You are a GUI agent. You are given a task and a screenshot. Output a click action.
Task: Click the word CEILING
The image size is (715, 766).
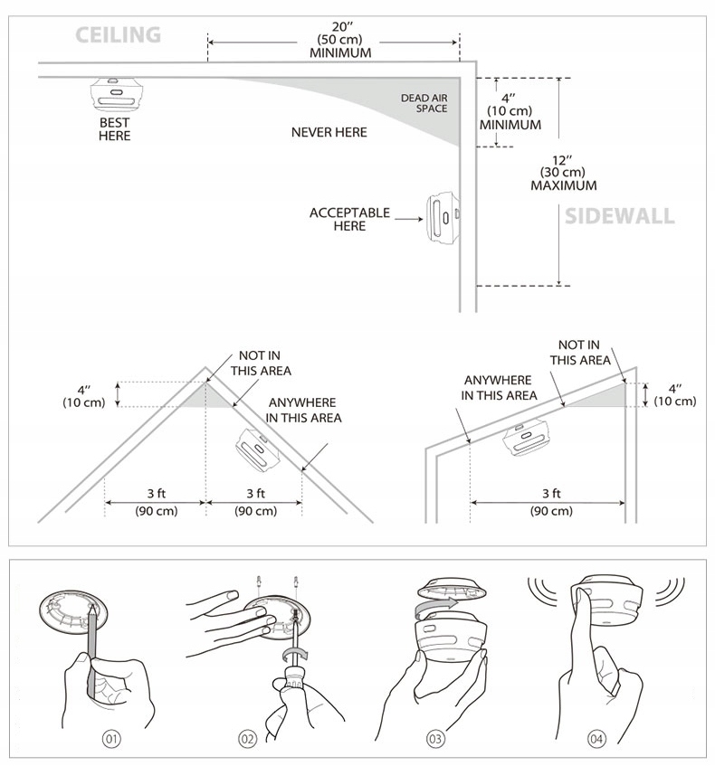coord(118,35)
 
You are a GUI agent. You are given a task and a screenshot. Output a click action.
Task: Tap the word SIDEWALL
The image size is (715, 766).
coord(619,216)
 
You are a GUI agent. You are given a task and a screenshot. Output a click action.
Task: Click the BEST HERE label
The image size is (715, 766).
coord(115,129)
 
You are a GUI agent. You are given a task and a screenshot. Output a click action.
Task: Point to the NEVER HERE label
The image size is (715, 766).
coord(329,133)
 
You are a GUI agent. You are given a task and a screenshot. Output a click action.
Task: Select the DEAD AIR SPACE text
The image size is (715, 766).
coord(424,103)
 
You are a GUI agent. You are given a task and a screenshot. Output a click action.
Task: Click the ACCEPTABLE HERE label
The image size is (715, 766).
coord(349,219)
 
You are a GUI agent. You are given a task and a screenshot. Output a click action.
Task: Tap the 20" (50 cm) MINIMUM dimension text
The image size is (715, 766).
coord(340,41)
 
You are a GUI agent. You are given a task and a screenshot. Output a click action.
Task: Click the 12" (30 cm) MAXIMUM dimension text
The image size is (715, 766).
coord(563,172)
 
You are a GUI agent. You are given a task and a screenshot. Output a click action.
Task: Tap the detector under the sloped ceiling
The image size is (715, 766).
coord(524,440)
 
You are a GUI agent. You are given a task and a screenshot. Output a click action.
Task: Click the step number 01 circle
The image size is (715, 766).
coord(110,739)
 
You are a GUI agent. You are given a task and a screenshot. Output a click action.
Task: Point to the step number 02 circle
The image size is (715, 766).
coord(248,739)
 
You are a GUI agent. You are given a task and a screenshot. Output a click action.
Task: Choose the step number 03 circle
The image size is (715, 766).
coord(435,739)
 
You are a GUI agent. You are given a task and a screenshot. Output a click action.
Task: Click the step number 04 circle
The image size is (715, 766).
coord(596,739)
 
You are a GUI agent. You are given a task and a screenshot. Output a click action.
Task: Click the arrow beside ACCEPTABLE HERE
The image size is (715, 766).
coord(410,219)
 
